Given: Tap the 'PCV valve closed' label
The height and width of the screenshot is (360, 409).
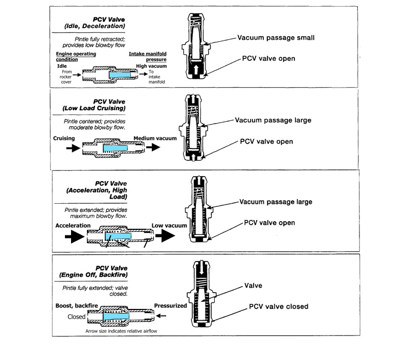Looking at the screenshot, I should [x=278, y=306].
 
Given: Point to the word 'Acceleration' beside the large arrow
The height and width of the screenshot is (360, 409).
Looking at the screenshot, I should [x=74, y=225].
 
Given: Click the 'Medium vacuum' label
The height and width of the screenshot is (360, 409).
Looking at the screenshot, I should [x=155, y=138].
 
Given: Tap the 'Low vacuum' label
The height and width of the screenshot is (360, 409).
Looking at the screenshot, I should [x=169, y=225].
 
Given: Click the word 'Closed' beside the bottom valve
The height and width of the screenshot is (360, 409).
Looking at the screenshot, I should [x=76, y=317].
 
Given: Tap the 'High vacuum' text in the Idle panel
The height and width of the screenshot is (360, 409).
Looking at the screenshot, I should [x=151, y=66].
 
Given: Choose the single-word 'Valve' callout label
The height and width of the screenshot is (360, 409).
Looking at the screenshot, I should [x=254, y=286].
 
